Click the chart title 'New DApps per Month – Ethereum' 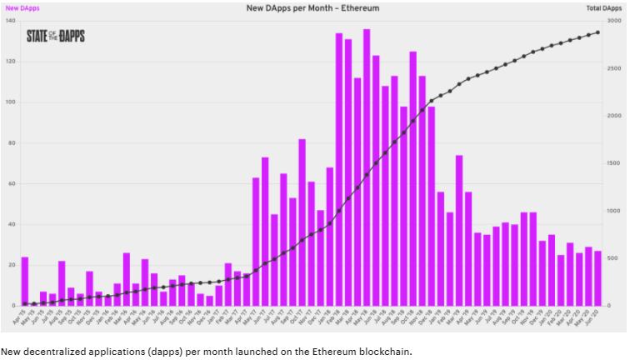[x=315, y=7]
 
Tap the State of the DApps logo [x=55, y=36]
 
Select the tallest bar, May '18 [x=367, y=167]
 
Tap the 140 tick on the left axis [x=9, y=20]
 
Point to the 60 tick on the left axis [x=11, y=183]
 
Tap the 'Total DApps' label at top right [x=606, y=7]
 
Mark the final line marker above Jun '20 [x=597, y=32]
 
